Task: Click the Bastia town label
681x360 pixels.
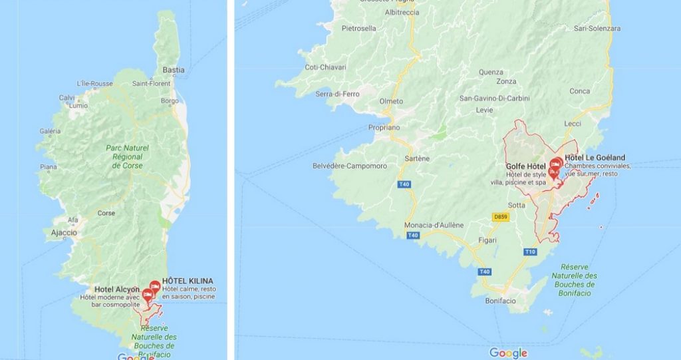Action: (174, 70)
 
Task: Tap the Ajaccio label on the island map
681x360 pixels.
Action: (64, 233)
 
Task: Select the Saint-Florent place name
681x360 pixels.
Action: (152, 84)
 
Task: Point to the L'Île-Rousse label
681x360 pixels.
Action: (94, 83)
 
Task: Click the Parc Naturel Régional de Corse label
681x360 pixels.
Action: (127, 156)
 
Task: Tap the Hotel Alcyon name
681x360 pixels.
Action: (117, 289)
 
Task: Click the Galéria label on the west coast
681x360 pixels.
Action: (50, 131)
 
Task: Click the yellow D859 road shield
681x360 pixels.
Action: (501, 217)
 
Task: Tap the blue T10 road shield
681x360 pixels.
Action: (530, 252)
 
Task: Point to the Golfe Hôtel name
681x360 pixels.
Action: (525, 166)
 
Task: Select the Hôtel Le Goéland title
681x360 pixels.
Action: (595, 158)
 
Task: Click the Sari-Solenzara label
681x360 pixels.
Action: (597, 29)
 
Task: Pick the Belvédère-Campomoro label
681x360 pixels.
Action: (349, 166)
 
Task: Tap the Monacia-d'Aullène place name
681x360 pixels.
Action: (434, 225)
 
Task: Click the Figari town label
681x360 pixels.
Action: (487, 240)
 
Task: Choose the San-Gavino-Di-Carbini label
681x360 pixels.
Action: (495, 98)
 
